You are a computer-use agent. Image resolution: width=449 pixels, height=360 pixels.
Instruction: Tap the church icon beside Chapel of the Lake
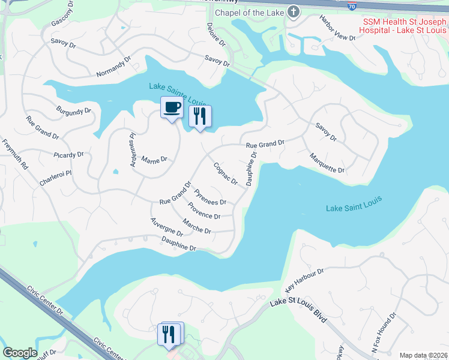[x=293, y=12]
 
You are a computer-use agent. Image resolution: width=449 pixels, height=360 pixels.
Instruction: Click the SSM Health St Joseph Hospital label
[x=404, y=26]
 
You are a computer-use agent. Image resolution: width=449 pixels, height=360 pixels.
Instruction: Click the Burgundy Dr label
[x=73, y=111]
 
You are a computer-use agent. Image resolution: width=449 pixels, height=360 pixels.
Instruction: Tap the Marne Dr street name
[x=154, y=160]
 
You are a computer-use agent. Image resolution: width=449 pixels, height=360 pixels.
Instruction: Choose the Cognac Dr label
[x=226, y=173]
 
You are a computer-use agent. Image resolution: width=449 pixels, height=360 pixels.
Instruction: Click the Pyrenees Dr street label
[x=210, y=197]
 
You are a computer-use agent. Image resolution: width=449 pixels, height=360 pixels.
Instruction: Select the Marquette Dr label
[x=327, y=164]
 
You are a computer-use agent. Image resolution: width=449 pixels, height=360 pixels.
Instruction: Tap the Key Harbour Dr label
[x=304, y=277]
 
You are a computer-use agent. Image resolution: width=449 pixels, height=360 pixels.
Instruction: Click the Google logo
[x=20, y=353]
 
